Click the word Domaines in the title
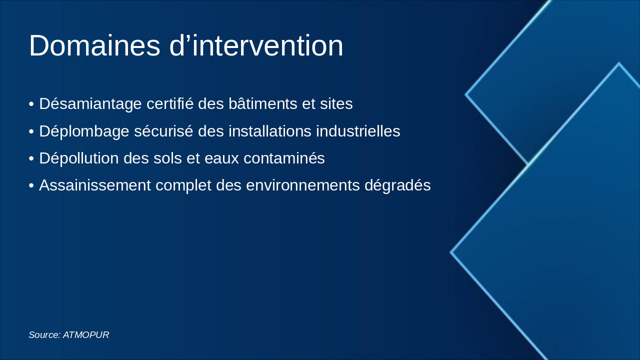(94, 46)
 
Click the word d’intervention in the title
(256, 46)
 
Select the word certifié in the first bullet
(170, 104)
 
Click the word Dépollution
(81, 158)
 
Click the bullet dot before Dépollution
(31, 159)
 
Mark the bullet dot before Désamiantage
(31, 104)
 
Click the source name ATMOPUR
(86, 335)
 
